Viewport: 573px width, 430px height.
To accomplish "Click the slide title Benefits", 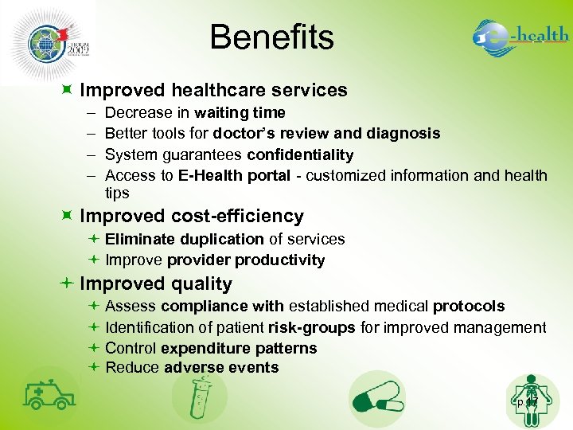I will pyautogui.click(x=272, y=37).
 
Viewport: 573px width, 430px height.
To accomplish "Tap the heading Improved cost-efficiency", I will pyautogui.click(x=192, y=217).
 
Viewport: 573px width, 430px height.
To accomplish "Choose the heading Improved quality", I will pyautogui.click(x=156, y=284).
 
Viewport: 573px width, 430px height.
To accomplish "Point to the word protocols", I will pyautogui.click(x=469, y=307).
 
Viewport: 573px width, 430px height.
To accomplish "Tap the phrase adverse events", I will pyautogui.click(x=221, y=368).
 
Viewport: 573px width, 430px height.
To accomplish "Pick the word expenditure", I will pyautogui.click(x=201, y=348).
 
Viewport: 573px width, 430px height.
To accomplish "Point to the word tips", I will pyautogui.click(x=117, y=193).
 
